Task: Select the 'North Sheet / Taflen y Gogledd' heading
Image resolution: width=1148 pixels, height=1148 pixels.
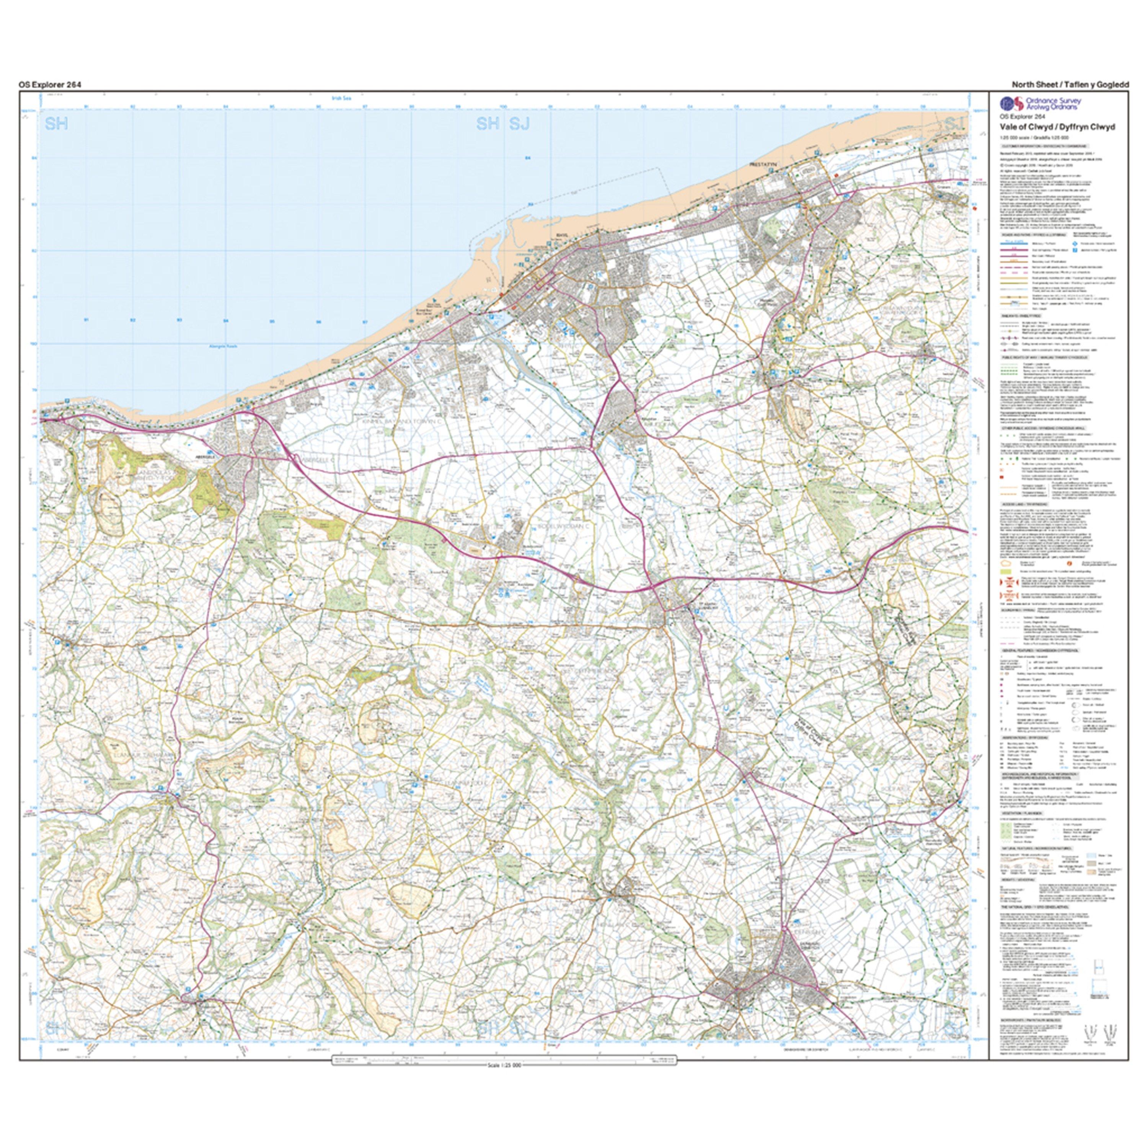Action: tap(1078, 85)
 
